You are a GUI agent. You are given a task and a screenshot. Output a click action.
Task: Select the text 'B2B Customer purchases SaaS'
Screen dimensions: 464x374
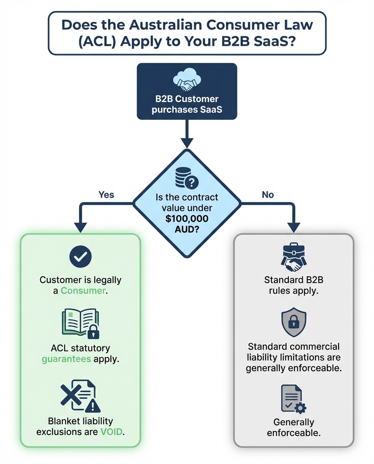tap(187, 104)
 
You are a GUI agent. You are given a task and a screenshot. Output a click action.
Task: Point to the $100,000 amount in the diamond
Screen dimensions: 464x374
tap(186, 220)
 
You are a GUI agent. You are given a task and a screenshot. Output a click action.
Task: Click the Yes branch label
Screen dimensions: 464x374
tap(106, 195)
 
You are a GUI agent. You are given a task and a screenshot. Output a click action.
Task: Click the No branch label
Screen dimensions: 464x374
tap(268, 195)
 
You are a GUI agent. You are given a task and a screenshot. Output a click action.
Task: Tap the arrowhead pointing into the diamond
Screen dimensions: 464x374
tap(187, 143)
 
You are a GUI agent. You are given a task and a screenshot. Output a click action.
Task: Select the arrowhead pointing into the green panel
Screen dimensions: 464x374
tap(81, 228)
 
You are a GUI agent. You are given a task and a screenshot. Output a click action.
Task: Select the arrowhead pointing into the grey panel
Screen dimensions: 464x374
tap(293, 228)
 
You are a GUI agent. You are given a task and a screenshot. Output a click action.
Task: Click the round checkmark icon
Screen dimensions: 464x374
tap(81, 257)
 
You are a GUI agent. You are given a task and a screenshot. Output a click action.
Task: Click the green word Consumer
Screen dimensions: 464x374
tap(83, 290)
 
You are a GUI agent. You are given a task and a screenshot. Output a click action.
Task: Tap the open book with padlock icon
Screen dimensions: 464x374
tap(81, 323)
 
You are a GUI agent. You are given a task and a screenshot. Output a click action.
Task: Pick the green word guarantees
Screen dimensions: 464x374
tap(66, 358)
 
